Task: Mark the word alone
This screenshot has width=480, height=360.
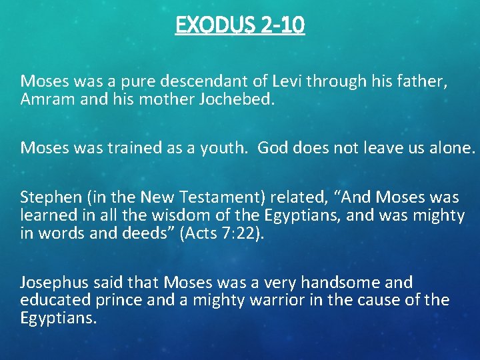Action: (451, 147)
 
